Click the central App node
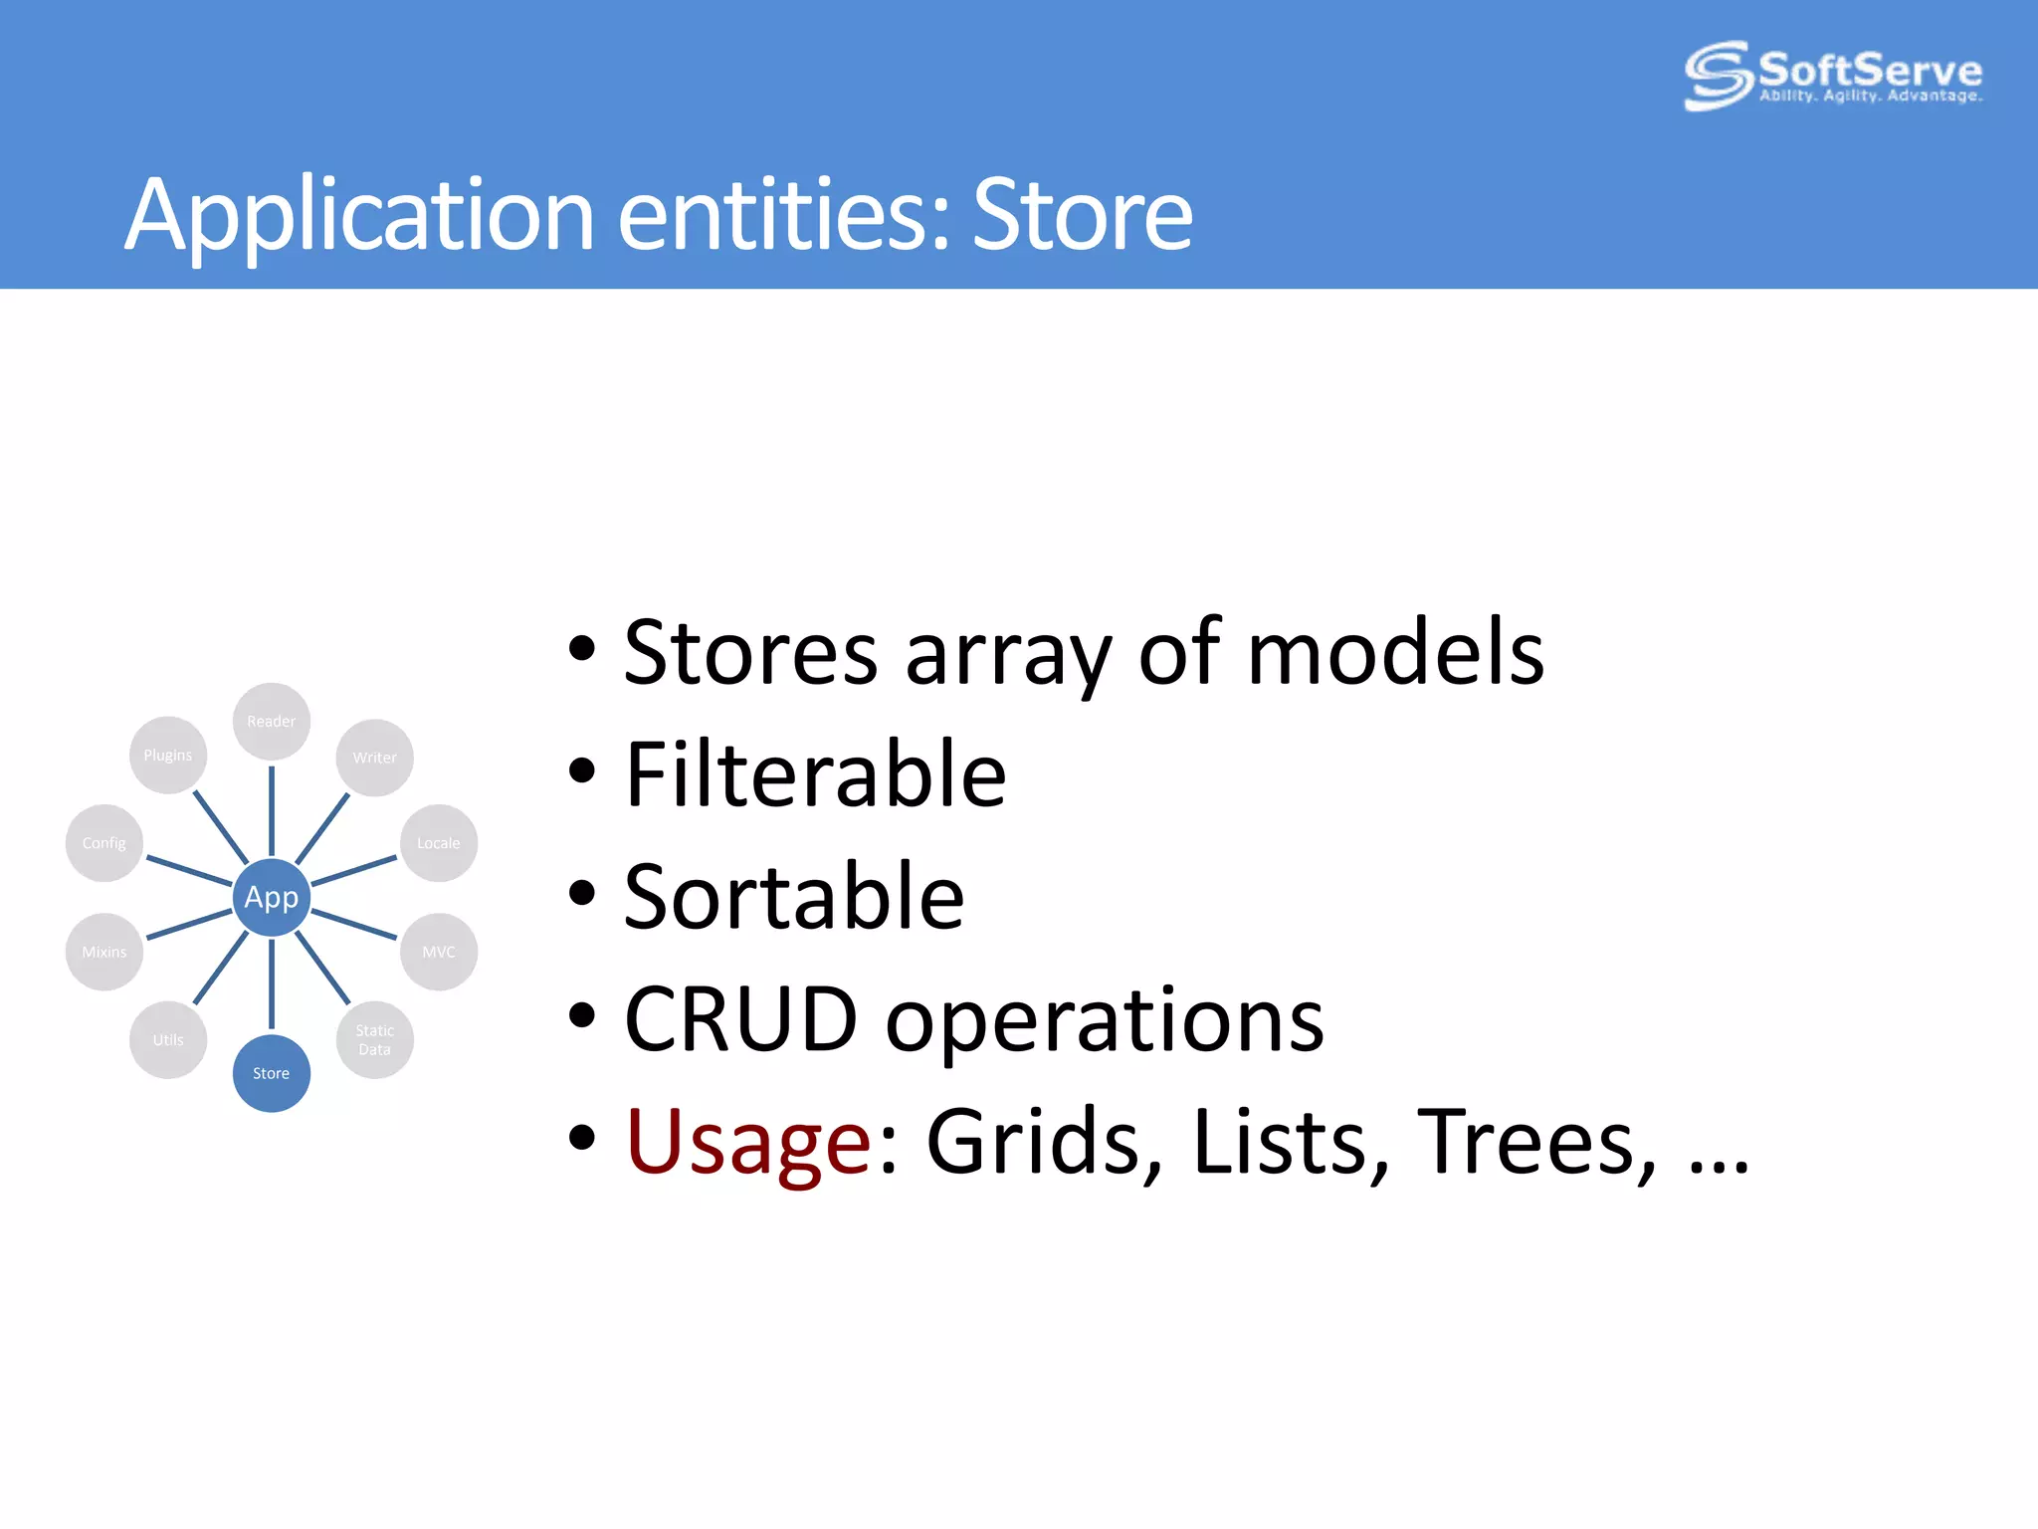click(271, 897)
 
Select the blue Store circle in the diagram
click(271, 1073)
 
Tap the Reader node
click(271, 721)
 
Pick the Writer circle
click(374, 758)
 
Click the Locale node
click(438, 843)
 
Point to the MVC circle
click(438, 952)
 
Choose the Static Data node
click(374, 1039)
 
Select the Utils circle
click(168, 1039)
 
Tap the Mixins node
click(104, 952)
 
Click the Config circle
click(104, 843)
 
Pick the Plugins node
click(168, 755)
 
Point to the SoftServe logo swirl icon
click(1717, 75)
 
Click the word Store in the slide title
click(1082, 214)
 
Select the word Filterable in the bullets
click(815, 774)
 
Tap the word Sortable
click(793, 897)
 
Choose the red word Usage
click(748, 1142)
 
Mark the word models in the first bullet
click(1394, 653)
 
